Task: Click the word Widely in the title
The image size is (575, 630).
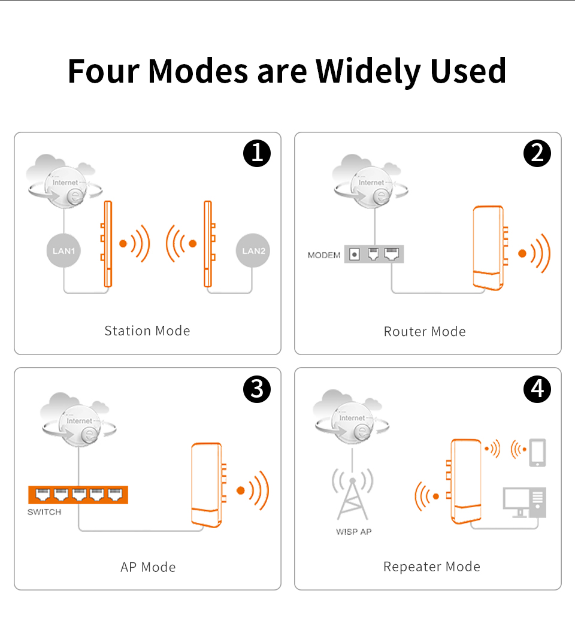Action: [368, 71]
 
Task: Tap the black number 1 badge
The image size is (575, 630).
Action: [257, 153]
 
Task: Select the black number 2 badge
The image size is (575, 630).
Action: [537, 153]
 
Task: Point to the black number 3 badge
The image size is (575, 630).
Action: [257, 389]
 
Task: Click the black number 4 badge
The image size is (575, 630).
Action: [537, 389]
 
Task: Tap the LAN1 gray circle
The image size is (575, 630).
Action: [63, 251]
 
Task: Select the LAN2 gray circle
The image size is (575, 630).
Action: [253, 251]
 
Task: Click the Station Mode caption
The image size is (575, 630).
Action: [147, 331]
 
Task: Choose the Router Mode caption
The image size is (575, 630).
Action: [425, 332]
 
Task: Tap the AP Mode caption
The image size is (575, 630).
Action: [148, 567]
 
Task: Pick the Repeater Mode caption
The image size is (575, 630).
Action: [432, 567]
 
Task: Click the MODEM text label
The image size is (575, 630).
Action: [324, 255]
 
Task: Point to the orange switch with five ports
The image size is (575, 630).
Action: [78, 495]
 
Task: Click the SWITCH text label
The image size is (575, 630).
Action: [44, 512]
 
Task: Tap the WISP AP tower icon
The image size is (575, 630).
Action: [352, 494]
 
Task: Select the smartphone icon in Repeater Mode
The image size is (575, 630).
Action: [538, 453]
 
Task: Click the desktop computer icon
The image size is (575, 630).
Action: [524, 503]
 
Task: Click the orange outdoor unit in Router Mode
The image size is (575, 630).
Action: [490, 248]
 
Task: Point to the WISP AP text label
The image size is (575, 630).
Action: [353, 532]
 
